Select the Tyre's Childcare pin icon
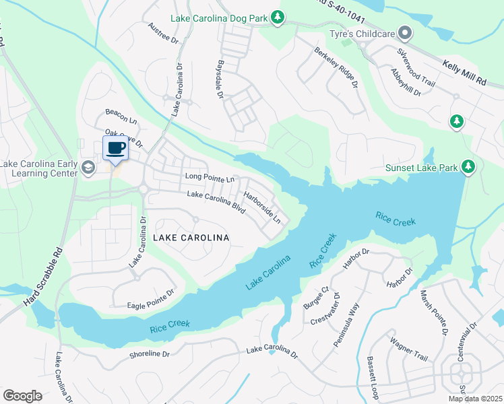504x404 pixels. click(x=404, y=32)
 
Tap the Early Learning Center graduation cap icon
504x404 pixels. click(x=87, y=168)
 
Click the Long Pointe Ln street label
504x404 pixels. click(x=210, y=178)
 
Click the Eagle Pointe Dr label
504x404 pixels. click(x=151, y=300)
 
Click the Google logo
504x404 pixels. click(x=23, y=395)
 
